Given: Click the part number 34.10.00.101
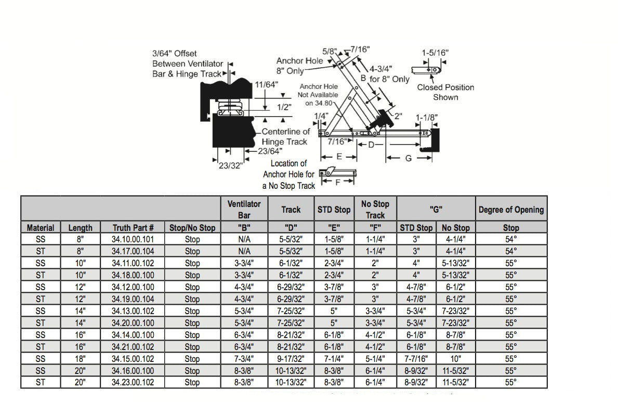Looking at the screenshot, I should [x=133, y=239].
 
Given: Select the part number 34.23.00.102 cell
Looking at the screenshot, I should [x=133, y=382].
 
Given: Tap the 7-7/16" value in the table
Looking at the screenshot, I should [x=416, y=359].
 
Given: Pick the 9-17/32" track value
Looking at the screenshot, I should [x=291, y=359].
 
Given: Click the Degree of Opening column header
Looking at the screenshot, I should [x=511, y=210].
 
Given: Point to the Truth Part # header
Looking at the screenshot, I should [x=133, y=228].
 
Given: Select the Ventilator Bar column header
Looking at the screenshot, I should [x=244, y=209].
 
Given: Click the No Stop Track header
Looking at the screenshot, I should [x=375, y=209].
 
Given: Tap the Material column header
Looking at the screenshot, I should [x=41, y=228].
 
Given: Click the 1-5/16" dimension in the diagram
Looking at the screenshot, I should [x=435, y=53].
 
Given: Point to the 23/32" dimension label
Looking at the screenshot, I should [x=231, y=166].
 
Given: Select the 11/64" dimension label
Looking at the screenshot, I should [x=267, y=84].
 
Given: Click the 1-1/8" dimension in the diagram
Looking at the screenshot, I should [x=427, y=118].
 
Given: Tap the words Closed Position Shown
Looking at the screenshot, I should [x=445, y=92].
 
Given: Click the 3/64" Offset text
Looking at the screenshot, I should [x=174, y=54].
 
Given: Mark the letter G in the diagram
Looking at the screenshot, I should [x=408, y=158].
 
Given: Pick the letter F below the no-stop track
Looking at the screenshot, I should [x=338, y=183].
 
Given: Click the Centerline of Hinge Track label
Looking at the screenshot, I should [x=285, y=137].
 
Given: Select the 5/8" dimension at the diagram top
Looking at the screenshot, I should [x=328, y=51].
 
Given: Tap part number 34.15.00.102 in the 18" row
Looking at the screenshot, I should [x=133, y=359].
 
